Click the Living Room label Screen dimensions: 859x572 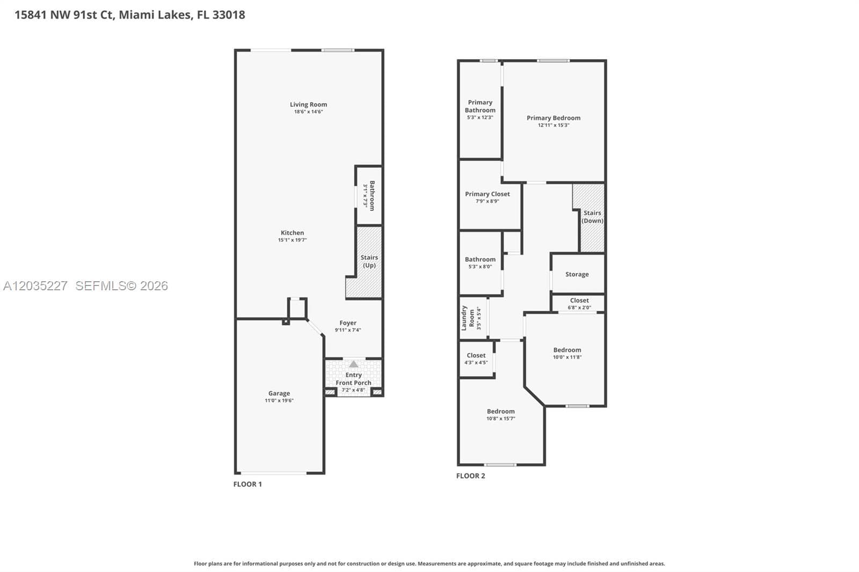point(308,104)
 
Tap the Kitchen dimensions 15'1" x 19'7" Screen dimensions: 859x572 point(292,240)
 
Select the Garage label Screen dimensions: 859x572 point(279,393)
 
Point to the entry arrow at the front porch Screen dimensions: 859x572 point(354,364)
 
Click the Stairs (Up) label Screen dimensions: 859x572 point(369,261)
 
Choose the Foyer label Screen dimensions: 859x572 point(348,323)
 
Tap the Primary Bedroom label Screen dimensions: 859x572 point(554,118)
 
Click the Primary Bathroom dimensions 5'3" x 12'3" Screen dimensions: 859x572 point(480,118)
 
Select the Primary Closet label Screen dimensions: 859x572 point(487,194)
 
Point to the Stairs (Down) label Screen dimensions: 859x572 point(593,217)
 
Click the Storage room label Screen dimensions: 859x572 point(577,274)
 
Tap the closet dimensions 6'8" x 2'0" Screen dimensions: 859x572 point(579,307)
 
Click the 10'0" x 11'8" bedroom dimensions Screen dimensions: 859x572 point(567,357)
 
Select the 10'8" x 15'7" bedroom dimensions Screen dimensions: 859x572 point(501,418)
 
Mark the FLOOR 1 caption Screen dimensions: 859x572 point(247,484)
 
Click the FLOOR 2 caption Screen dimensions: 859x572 point(470,476)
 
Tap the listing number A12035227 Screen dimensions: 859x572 point(35,285)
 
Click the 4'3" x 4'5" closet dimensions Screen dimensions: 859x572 point(476,362)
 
